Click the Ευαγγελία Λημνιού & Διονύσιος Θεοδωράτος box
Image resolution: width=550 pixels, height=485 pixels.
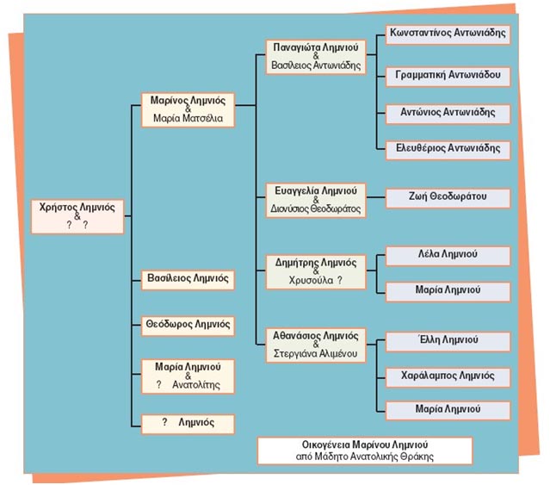[315, 198]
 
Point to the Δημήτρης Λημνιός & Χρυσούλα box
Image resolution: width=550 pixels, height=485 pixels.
[315, 270]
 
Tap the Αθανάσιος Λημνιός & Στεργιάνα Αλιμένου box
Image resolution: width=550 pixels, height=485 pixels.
[315, 343]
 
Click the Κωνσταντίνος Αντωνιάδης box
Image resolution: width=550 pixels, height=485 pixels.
[448, 34]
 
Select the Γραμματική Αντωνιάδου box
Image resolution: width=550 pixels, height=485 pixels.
[448, 75]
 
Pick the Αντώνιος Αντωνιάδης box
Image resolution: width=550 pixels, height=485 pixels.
[448, 112]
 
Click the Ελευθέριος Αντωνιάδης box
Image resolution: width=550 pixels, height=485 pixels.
[448, 148]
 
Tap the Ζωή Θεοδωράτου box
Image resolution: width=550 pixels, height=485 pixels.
[448, 198]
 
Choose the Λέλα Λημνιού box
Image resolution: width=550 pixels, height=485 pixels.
[448, 255]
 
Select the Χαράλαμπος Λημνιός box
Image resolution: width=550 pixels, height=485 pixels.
[448, 375]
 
